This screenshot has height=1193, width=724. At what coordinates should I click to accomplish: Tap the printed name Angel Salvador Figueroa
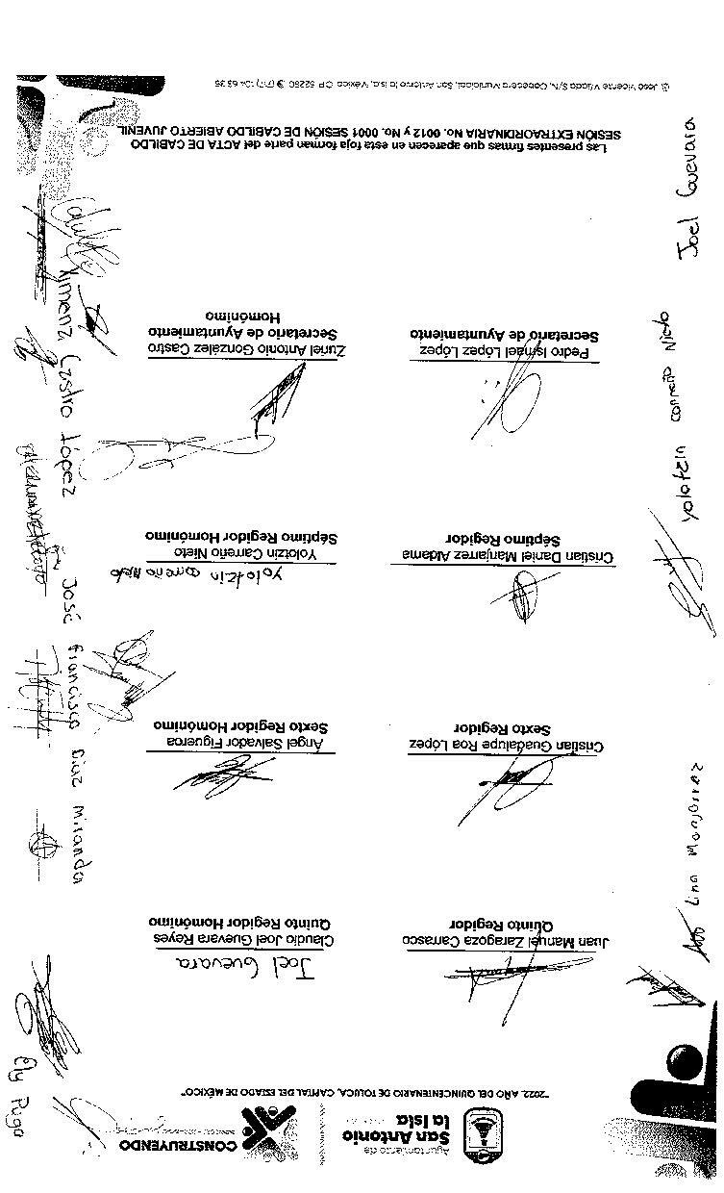tap(246, 742)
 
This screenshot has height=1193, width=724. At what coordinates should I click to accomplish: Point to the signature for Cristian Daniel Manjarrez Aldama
tap(524, 596)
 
